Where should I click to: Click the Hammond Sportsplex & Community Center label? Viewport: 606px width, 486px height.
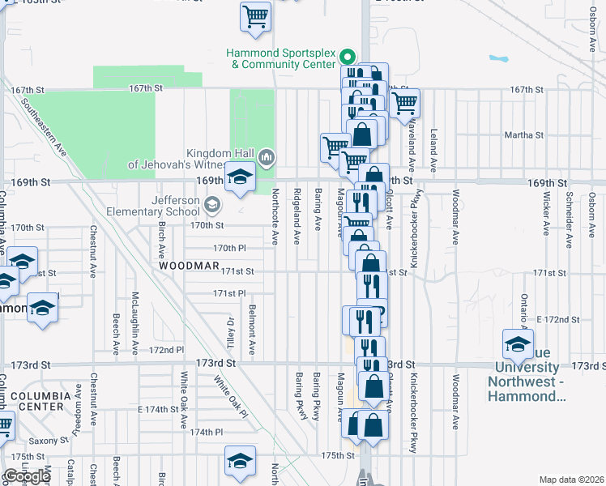click(281, 58)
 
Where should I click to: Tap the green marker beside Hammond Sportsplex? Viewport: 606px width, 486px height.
click(348, 57)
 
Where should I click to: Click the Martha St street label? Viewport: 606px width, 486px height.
click(522, 135)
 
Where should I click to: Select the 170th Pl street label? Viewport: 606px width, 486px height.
click(228, 248)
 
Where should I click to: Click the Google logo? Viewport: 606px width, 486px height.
click(26, 476)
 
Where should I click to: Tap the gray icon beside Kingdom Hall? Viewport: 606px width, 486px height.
click(267, 156)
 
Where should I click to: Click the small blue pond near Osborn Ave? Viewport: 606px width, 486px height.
click(497, 58)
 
